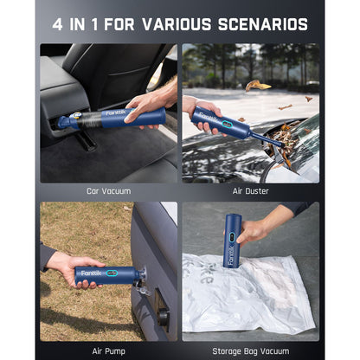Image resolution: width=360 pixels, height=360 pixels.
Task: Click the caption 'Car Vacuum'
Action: point(109,190)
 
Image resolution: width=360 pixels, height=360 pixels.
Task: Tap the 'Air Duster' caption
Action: point(250,190)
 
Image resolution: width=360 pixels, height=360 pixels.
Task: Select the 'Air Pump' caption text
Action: point(109,350)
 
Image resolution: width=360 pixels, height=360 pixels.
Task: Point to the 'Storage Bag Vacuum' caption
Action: point(250,350)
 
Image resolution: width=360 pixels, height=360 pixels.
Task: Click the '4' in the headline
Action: point(57,23)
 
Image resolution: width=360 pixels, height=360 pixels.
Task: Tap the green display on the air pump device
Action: point(113,276)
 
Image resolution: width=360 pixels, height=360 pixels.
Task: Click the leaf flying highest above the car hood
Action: point(257,85)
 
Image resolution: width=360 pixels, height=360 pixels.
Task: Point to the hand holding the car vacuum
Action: point(146,104)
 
